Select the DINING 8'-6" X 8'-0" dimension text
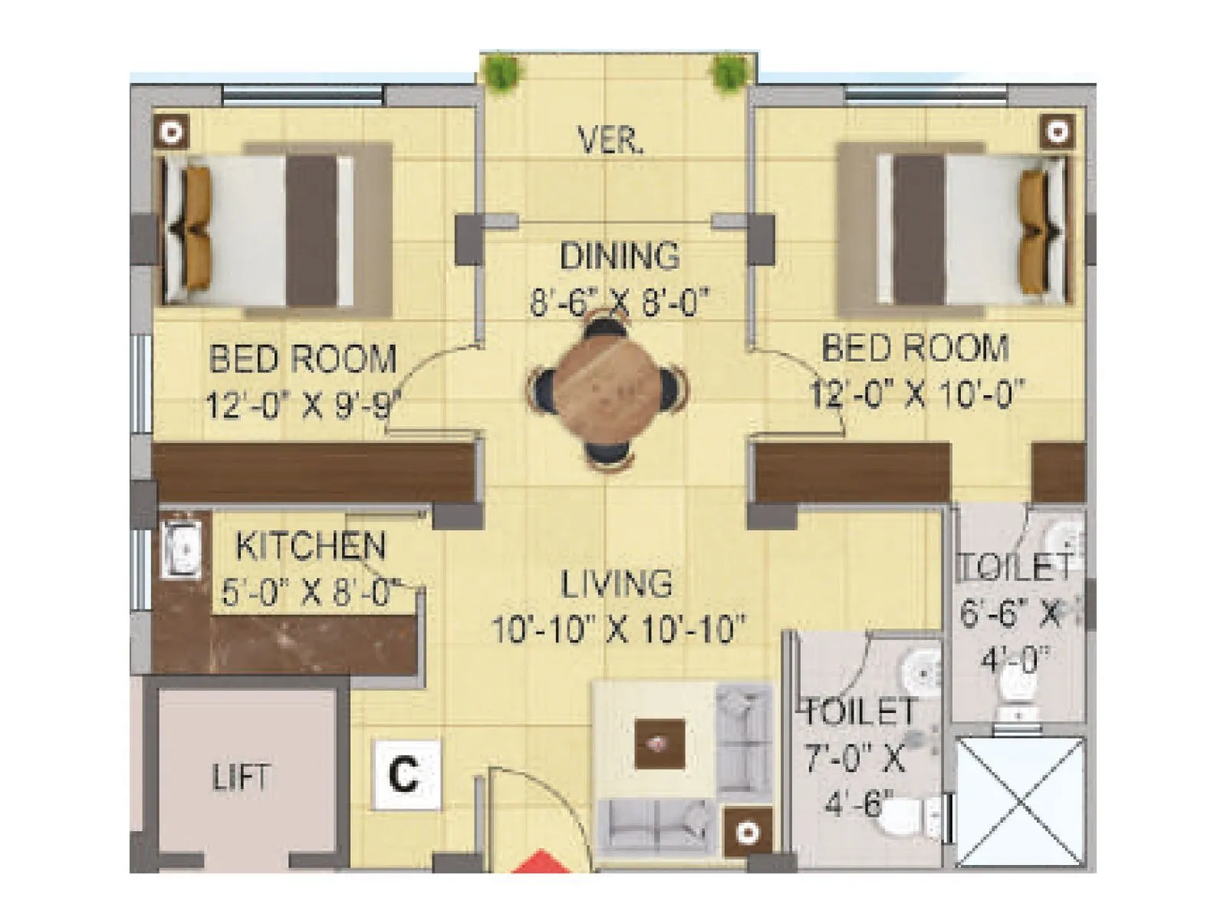point(617,302)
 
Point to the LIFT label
point(241,777)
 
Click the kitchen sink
point(183,550)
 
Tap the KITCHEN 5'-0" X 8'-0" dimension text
point(311,593)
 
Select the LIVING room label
point(617,584)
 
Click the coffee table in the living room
point(660,743)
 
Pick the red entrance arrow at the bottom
point(541,863)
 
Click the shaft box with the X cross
point(1020,802)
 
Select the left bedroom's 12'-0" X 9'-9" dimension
point(304,404)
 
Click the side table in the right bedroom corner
point(1057,132)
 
